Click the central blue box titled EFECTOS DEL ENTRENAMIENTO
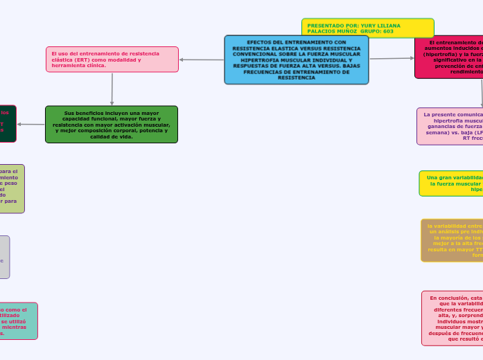(x=296, y=60)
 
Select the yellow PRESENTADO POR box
(x=367, y=28)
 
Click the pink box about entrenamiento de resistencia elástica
(x=112, y=60)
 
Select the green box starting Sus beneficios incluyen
(x=112, y=124)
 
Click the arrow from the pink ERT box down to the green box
(x=112, y=89)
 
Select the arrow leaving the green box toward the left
(x=31, y=124)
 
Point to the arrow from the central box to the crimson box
(x=392, y=58)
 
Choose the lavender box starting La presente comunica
(x=450, y=126)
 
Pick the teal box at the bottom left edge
(x=18, y=321)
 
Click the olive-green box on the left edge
(x=12, y=188)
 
